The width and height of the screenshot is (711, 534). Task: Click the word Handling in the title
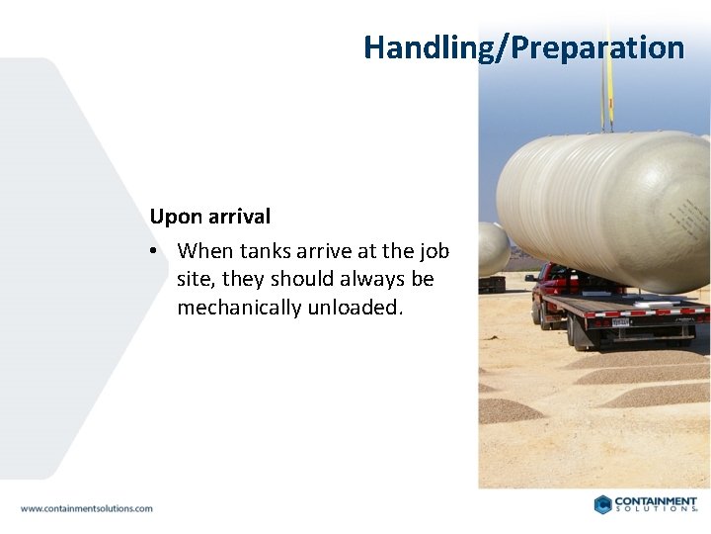pos(419,47)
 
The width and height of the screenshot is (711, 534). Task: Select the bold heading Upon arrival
pos(209,217)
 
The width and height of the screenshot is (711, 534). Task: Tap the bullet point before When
pos(154,251)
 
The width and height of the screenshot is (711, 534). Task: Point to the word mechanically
pos(239,307)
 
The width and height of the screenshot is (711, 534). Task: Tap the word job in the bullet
pos(434,251)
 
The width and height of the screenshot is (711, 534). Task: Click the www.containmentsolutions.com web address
pos(87,508)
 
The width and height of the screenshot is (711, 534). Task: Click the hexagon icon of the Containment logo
pos(602,504)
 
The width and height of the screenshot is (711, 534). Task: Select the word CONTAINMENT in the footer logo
pos(656,501)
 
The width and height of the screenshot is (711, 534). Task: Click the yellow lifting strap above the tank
pos(609,94)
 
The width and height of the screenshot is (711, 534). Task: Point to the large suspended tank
pos(602,208)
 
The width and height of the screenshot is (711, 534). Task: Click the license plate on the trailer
pos(619,321)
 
